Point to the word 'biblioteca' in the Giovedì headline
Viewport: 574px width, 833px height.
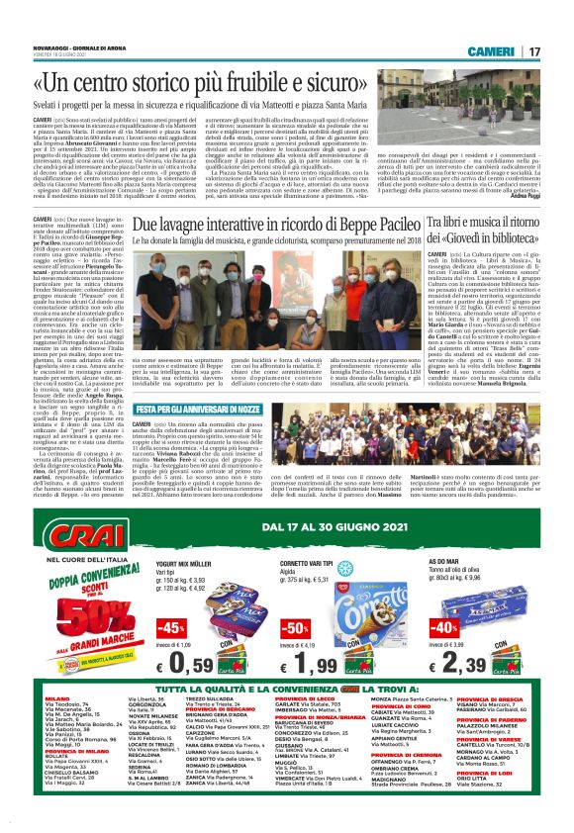click(512, 240)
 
